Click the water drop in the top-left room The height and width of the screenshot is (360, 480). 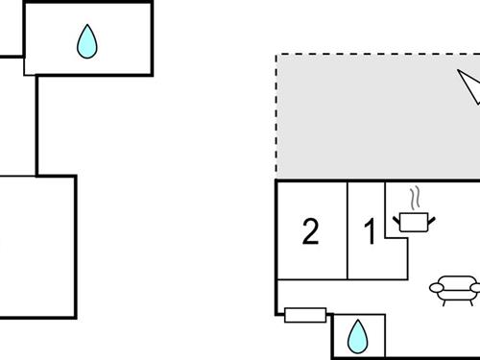click(87, 40)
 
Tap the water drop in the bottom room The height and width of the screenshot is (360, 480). click(357, 335)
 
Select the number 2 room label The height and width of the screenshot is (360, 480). click(310, 232)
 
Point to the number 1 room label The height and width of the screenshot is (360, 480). click(370, 232)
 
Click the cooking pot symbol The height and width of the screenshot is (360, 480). click(414, 222)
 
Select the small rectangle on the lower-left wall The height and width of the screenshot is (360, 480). click(305, 314)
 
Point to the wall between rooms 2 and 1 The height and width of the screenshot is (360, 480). click(348, 230)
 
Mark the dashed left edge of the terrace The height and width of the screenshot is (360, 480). click(276, 115)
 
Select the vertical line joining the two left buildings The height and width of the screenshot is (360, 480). click(36, 125)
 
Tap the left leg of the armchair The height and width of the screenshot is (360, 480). click(443, 300)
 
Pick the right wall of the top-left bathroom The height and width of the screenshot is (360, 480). click(152, 38)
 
